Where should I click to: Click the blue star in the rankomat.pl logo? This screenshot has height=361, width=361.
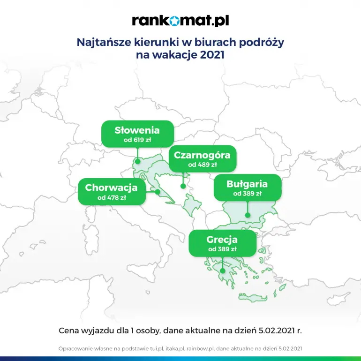tap(175, 21)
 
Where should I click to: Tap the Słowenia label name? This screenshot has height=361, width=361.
tap(137, 130)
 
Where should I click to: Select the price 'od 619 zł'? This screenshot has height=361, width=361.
tap(137, 140)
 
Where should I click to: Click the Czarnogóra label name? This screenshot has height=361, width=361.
tap(202, 155)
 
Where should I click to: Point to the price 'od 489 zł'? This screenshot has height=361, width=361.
tap(203, 165)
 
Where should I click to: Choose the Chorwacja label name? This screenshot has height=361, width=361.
tap(111, 188)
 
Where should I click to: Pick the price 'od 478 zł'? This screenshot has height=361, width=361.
tap(112, 198)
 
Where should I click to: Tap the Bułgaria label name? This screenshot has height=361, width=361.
tap(247, 184)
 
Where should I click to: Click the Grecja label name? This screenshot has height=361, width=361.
tap(222, 240)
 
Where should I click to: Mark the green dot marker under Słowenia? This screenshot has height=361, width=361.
tap(138, 161)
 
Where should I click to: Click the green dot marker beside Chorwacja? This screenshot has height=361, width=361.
tap(158, 192)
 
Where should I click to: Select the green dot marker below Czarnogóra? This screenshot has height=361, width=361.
tap(183, 186)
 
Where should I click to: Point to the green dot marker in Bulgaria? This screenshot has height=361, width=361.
tap(248, 215)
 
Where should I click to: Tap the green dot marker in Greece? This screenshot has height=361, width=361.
tap(222, 271)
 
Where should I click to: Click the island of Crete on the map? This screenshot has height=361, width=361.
tap(253, 297)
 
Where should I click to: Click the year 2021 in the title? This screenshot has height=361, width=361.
tap(212, 55)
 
